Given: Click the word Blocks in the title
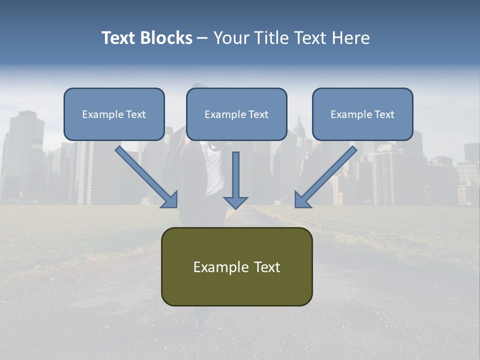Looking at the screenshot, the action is [x=166, y=38].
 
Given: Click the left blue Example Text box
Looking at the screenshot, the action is [x=114, y=114].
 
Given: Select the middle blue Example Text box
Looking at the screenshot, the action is [x=236, y=114].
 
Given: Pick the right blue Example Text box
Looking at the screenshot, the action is [x=363, y=114].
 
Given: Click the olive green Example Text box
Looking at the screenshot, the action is [x=237, y=266].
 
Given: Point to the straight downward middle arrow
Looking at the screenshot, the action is [x=235, y=180].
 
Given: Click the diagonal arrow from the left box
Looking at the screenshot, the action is [x=146, y=176].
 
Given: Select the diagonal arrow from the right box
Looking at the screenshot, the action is [x=326, y=176].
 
